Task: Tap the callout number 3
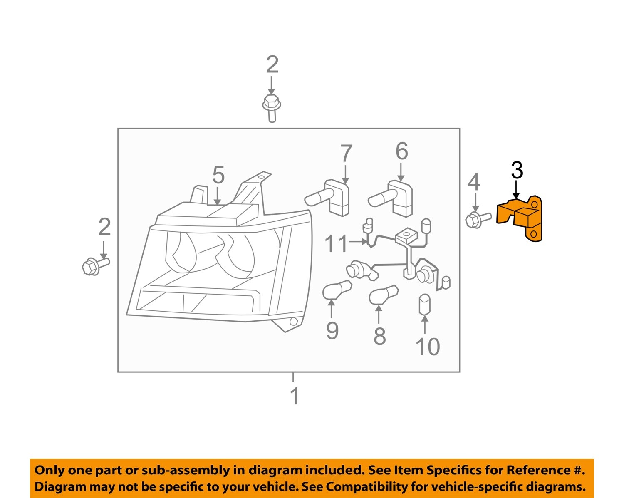(517, 171)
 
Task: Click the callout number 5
(218, 175)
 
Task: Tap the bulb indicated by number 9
(336, 290)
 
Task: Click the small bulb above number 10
(424, 305)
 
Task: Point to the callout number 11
(336, 244)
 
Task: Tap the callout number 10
(427, 347)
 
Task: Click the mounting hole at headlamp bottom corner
(293, 321)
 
